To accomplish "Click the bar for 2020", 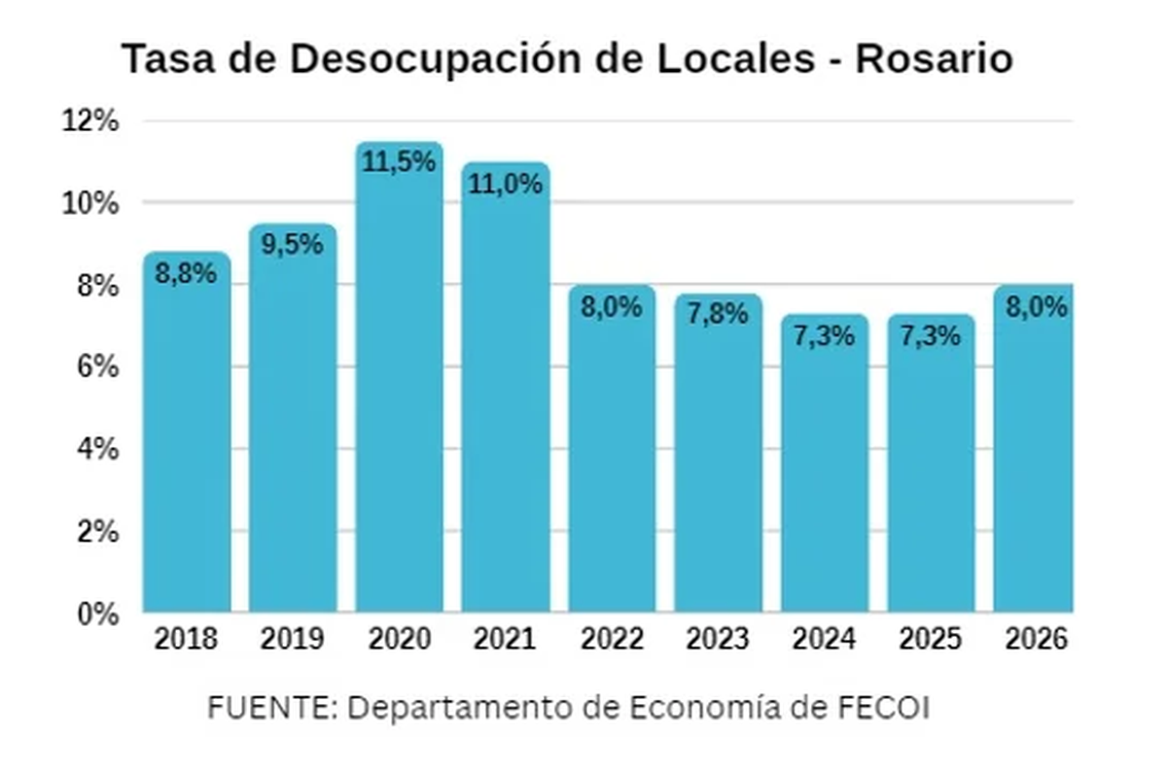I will tap(399, 389).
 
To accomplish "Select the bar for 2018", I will tap(187, 438).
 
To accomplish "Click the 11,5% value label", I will tap(399, 162).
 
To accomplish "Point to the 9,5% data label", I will tap(293, 244).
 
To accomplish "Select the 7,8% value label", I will tap(718, 314).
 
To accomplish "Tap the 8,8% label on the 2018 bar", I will tap(187, 273).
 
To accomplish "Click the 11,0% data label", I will tap(506, 183).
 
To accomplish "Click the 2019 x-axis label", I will tap(293, 640).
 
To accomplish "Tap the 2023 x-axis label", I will tap(718, 640).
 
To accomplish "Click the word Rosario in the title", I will tap(934, 60).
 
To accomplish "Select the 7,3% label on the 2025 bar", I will tap(930, 336).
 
